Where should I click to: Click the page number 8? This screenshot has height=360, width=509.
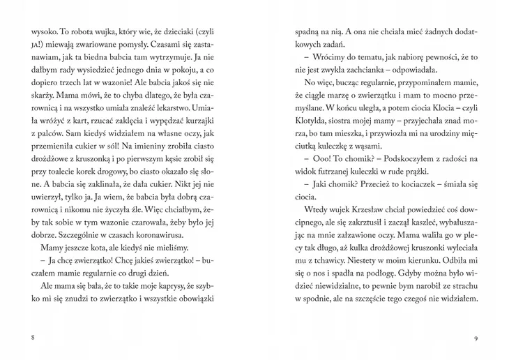(32, 338)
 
